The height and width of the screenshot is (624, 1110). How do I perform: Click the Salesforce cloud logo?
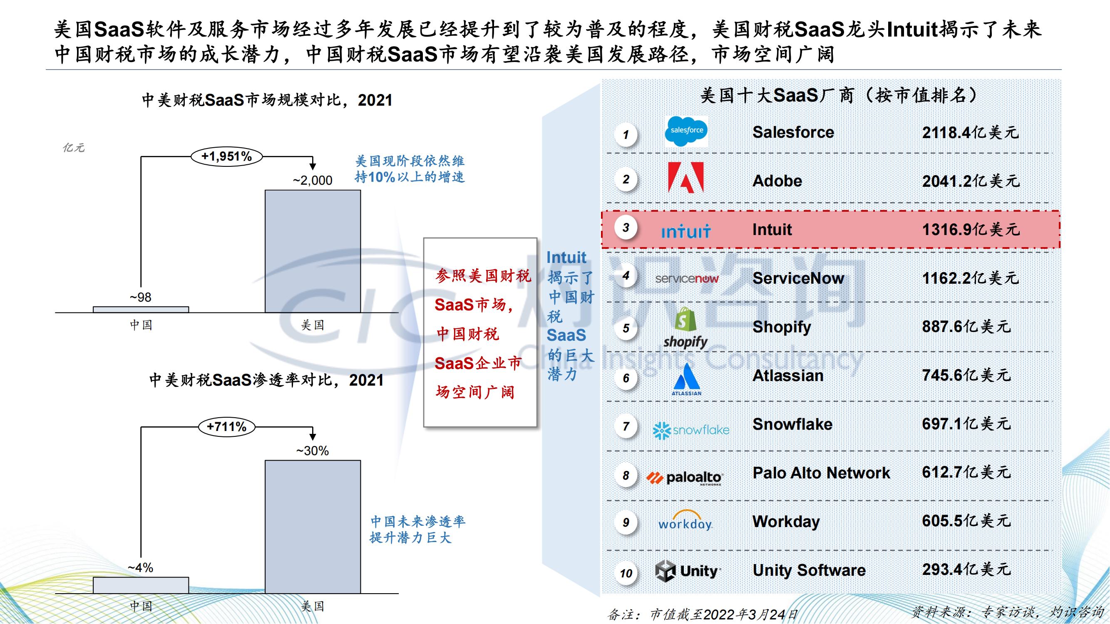[x=686, y=131]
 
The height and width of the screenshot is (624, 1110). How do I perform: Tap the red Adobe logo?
[x=685, y=178]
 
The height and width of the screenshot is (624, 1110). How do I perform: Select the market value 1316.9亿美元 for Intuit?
[x=971, y=230]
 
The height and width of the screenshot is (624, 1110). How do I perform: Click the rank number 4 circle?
[x=626, y=276]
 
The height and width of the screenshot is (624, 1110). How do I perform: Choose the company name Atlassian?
[x=788, y=376]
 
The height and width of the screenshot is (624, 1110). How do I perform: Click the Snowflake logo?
[x=691, y=430]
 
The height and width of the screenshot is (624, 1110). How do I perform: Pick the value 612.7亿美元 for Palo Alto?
[x=966, y=473]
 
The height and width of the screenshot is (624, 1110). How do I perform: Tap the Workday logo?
[x=685, y=520]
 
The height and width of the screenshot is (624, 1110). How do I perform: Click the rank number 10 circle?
[x=626, y=573]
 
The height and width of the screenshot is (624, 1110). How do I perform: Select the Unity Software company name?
[x=809, y=570]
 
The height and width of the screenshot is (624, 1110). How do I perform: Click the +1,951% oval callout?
[x=227, y=156]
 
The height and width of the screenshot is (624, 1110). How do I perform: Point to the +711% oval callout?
[x=227, y=427]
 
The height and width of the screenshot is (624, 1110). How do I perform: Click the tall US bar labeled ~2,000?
[x=313, y=251]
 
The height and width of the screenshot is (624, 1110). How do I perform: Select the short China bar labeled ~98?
[x=141, y=310]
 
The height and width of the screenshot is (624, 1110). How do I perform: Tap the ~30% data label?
[x=313, y=451]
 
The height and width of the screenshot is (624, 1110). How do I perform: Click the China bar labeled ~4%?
[x=141, y=585]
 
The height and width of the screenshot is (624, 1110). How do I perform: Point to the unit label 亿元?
[x=74, y=148]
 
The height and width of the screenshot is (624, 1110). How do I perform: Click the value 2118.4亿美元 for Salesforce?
[x=971, y=132]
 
